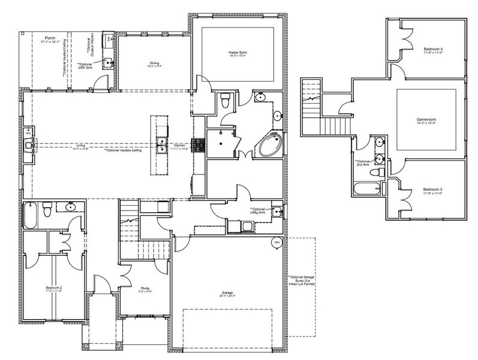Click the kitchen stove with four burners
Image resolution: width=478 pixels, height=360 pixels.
pyautogui.click(x=198, y=144)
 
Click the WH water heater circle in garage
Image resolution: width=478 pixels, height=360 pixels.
pyautogui.click(x=276, y=242)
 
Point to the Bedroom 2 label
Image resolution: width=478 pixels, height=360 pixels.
pyautogui.click(x=53, y=289)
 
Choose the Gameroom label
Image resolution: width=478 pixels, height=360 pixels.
pyautogui.click(x=426, y=121)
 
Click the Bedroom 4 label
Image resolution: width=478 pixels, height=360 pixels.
pyautogui.click(x=434, y=49)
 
